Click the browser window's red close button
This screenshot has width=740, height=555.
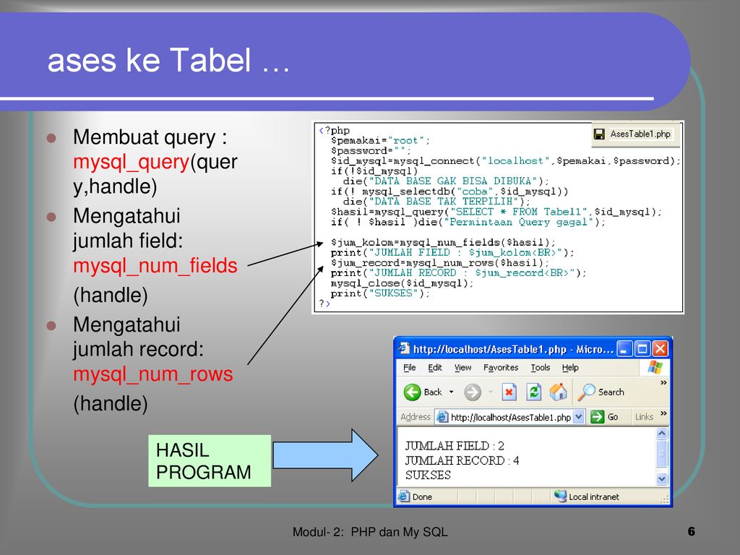click(660, 349)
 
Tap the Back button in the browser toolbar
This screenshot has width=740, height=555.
click(423, 392)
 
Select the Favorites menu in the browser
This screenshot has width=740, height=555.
click(501, 368)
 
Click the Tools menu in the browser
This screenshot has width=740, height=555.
click(541, 368)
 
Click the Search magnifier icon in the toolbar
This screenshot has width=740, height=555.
click(587, 392)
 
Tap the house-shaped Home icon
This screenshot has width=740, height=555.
click(558, 392)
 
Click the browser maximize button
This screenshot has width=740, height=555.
click(642, 349)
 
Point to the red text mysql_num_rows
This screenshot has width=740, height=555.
click(153, 374)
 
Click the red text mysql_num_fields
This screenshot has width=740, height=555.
click(155, 266)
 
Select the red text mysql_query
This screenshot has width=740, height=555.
click(132, 163)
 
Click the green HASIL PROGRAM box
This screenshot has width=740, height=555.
click(210, 460)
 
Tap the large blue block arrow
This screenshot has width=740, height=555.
click(326, 455)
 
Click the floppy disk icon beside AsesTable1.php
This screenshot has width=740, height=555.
click(599, 134)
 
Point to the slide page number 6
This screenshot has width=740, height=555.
click(692, 531)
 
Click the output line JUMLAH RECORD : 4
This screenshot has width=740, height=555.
click(462, 460)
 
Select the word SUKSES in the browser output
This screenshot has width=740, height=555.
click(428, 476)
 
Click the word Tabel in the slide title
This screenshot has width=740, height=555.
click(210, 60)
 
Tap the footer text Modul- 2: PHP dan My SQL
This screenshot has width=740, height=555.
click(370, 532)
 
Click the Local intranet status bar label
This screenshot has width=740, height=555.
click(594, 496)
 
